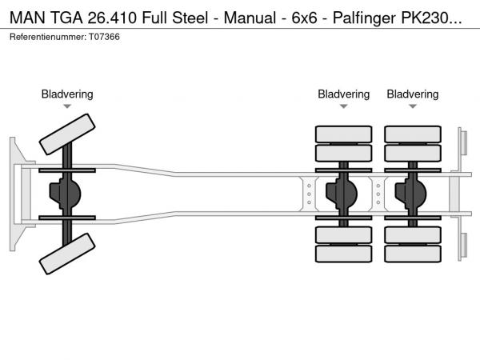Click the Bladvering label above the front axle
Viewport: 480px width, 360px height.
coord(67,94)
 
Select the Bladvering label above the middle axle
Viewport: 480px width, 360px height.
coord(343,94)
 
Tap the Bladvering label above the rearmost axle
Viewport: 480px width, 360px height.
coord(412,94)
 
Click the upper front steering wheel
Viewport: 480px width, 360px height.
coord(67,134)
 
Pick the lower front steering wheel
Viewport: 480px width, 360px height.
coord(67,260)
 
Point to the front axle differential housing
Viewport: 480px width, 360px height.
coord(67,195)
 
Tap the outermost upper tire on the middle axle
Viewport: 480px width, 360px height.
coord(343,134)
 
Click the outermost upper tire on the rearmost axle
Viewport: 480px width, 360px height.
coord(412,134)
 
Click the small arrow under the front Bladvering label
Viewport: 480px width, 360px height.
coord(67,106)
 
